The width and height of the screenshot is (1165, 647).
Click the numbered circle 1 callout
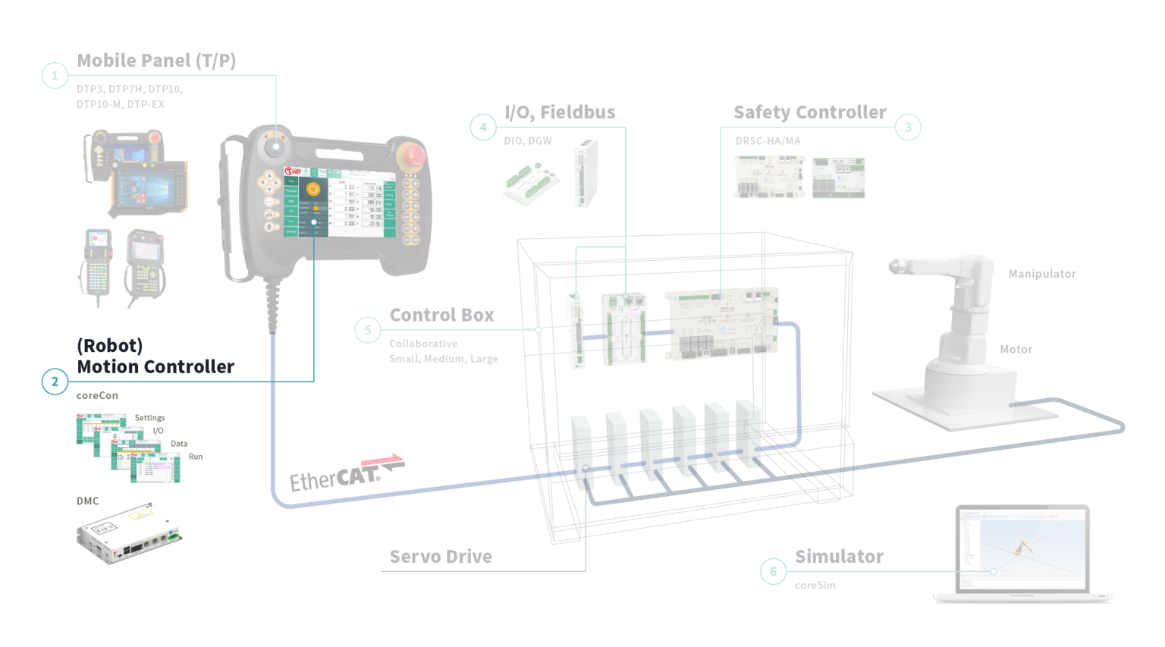point(55,75)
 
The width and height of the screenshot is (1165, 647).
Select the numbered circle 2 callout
point(55,382)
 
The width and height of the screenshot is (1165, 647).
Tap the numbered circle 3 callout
point(908,127)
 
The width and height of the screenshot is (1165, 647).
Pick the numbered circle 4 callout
point(483,127)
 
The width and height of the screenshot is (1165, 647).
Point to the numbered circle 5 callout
point(368,330)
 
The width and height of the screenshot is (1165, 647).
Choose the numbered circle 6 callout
point(773,571)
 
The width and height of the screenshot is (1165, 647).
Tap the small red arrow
point(382,459)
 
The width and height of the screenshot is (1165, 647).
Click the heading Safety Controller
point(809,112)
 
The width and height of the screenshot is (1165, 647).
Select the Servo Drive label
point(441,557)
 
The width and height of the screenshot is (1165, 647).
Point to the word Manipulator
point(1042,274)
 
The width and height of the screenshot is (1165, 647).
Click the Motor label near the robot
point(1016,349)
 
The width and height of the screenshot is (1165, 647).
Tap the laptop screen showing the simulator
point(1022,548)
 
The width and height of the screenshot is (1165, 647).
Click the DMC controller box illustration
point(128,533)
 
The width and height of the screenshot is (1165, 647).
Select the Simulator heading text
point(839,557)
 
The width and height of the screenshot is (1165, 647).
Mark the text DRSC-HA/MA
point(768,141)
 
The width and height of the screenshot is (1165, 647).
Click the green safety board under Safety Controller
point(838,178)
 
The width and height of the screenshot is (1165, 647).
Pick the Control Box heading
point(441,315)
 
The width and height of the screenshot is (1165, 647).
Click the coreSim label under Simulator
point(815,586)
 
